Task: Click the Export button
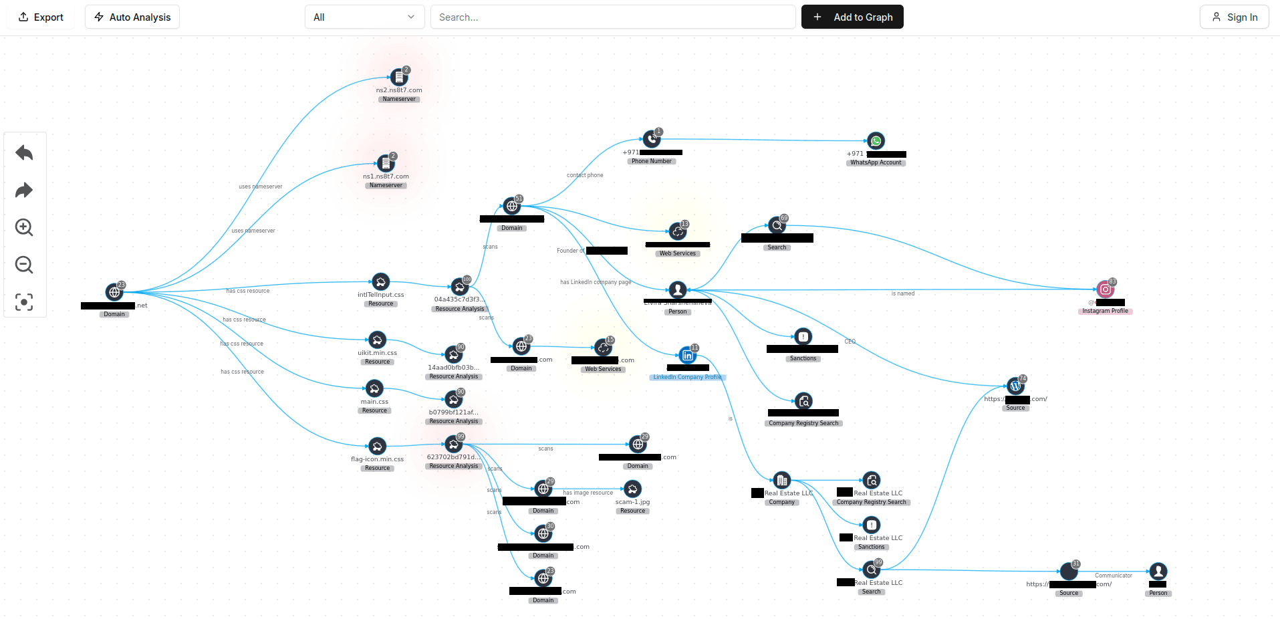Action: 41,17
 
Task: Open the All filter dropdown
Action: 364,17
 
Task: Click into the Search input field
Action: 612,17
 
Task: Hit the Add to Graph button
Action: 852,17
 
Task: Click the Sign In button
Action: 1234,17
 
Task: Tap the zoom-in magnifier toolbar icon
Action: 24,227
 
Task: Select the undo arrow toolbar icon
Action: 24,153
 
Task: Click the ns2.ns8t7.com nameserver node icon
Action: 398,78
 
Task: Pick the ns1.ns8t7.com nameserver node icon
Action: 385,163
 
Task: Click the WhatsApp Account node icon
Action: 876,141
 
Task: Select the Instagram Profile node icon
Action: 1105,289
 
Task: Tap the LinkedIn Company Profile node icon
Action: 687,356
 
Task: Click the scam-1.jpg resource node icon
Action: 632,489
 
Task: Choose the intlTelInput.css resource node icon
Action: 380,282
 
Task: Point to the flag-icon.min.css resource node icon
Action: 377,447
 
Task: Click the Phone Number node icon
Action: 651,139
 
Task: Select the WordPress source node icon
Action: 1015,386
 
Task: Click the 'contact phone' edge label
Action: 585,175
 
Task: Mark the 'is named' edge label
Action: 902,293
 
